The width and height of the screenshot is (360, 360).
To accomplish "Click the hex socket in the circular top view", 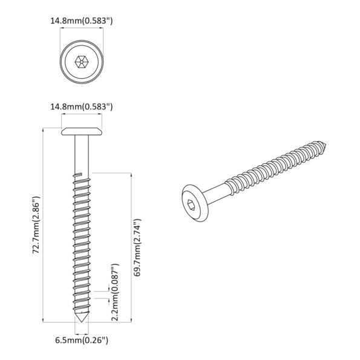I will click(x=80, y=62).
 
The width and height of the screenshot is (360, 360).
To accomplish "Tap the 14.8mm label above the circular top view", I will click(x=80, y=21).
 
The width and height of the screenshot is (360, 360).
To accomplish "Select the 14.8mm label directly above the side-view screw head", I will click(x=80, y=107).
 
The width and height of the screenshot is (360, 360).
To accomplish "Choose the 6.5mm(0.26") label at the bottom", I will click(x=81, y=341).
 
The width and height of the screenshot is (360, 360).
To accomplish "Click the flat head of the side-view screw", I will click(x=80, y=131).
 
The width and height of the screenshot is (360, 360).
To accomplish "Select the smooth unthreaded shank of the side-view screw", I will click(x=80, y=154).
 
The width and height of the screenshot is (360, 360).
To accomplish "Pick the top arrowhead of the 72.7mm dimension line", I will click(x=44, y=130).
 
